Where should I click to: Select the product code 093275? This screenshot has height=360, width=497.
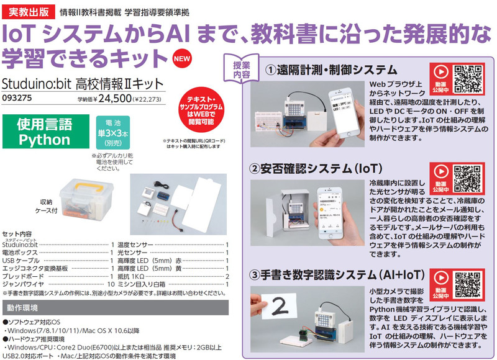pyautogui.click(x=17, y=97)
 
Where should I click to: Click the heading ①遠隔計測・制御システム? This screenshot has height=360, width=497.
pyautogui.click(x=331, y=70)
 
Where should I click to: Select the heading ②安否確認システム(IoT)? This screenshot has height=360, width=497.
pyautogui.click(x=324, y=169)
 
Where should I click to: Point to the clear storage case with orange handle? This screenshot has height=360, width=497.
pyautogui.click(x=86, y=197)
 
